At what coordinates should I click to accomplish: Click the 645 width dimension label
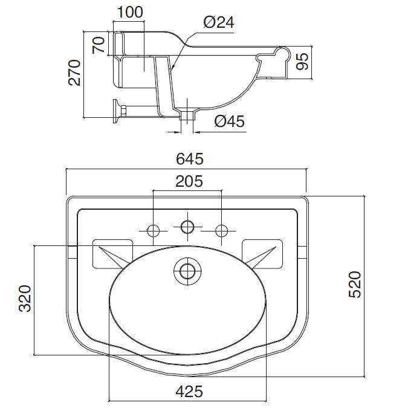point(189,159)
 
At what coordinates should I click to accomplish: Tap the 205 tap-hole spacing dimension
point(189,181)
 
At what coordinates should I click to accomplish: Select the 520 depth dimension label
point(355,285)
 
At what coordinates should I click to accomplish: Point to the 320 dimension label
point(25,299)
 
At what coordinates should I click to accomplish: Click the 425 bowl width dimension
point(189,392)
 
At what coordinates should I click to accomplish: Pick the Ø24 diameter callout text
point(219,22)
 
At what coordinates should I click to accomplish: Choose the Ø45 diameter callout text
point(229,121)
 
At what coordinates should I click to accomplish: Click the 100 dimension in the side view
point(130,12)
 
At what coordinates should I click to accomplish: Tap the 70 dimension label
point(99,45)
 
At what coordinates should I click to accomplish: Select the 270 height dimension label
point(74,73)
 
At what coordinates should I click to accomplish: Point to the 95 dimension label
point(302,61)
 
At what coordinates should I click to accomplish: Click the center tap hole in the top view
point(187,226)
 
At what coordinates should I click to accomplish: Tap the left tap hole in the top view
point(154,231)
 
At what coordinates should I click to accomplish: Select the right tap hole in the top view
point(221,231)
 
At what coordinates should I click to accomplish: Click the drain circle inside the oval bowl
point(187,271)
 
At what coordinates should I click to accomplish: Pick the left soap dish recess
point(112,253)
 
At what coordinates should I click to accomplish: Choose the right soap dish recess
point(262,253)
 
